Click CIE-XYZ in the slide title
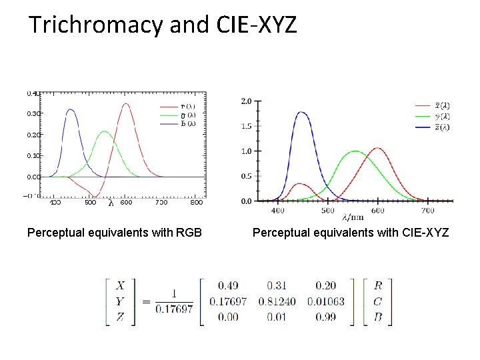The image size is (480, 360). [x=257, y=25]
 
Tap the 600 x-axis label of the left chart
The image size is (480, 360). [x=125, y=203]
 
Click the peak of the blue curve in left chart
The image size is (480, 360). [x=70, y=110]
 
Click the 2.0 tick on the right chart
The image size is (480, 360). [x=246, y=101]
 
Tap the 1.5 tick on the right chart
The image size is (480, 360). [x=246, y=126]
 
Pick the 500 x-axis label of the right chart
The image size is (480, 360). [x=328, y=211]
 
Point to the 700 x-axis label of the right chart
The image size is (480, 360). [x=427, y=211]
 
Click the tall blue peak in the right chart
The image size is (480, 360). [x=302, y=113]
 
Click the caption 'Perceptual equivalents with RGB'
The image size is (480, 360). [x=115, y=233]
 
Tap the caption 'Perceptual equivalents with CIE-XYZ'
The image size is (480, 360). [x=351, y=233]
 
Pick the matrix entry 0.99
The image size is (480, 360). [x=326, y=317]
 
